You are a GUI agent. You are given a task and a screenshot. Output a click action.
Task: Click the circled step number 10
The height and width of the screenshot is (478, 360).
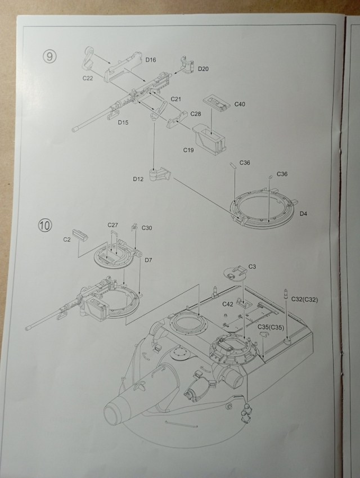46,225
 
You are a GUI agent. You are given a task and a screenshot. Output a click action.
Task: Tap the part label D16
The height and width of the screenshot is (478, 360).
150,59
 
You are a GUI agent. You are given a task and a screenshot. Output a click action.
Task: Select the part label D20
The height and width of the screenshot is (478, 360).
204,69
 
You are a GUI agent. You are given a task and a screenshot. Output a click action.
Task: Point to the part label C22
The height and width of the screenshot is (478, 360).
87,79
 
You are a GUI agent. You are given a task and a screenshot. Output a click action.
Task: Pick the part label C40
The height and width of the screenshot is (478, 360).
240,104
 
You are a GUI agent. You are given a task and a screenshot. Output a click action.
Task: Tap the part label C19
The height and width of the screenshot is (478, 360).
188,150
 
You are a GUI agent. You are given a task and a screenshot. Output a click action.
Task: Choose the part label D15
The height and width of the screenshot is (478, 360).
123,122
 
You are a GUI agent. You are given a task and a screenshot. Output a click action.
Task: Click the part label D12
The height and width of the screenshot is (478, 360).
139,179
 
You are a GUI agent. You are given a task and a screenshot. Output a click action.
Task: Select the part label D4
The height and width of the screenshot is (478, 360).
303,213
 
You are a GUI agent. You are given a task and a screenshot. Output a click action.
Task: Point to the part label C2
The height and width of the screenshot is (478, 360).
66,240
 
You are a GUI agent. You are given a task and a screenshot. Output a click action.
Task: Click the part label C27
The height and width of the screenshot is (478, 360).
113,225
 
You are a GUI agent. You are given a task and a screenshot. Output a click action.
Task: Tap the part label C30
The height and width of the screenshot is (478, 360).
147,228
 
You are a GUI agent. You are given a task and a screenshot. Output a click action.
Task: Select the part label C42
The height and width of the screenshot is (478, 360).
228,304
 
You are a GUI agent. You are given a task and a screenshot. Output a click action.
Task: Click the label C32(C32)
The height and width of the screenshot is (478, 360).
304,300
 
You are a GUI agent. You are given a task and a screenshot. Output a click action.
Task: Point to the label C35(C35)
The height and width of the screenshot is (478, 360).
270,327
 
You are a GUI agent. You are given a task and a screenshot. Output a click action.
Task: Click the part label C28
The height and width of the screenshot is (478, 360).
195,114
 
